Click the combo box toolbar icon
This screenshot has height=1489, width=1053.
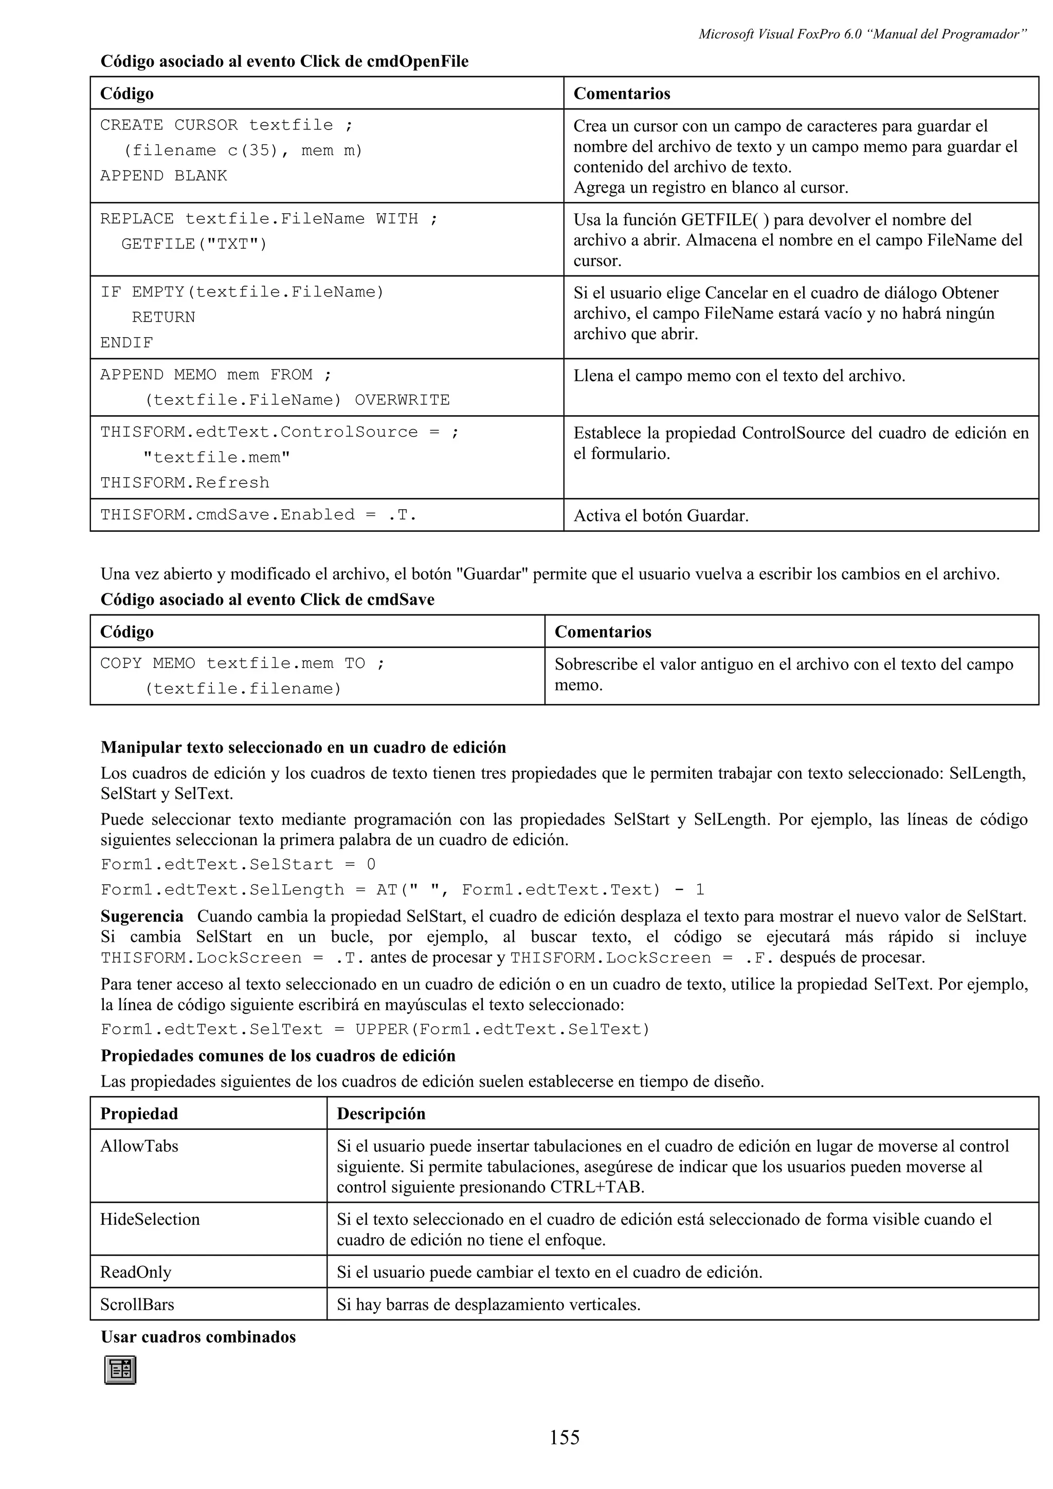pos(120,1370)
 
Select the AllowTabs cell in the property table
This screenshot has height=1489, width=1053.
pos(139,1146)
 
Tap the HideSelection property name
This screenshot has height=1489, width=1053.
pos(150,1219)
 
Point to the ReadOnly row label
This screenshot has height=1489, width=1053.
pos(136,1272)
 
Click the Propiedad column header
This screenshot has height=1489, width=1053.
pos(139,1113)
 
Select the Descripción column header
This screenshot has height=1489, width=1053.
pos(381,1113)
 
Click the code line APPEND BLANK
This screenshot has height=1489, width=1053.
pos(164,176)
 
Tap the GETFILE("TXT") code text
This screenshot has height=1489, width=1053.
pos(194,244)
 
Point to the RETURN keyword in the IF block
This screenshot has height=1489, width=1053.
pos(164,317)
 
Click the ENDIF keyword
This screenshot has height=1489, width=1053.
pos(126,342)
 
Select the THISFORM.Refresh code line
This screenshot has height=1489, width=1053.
pos(185,482)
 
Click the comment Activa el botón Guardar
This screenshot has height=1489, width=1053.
pos(661,516)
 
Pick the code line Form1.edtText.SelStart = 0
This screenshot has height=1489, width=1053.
pos(238,865)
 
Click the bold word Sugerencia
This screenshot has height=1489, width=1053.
pos(142,916)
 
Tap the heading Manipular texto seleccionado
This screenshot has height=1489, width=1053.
pos(303,747)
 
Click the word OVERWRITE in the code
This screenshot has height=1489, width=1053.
pos(402,400)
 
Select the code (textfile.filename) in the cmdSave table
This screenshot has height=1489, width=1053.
pos(243,688)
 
